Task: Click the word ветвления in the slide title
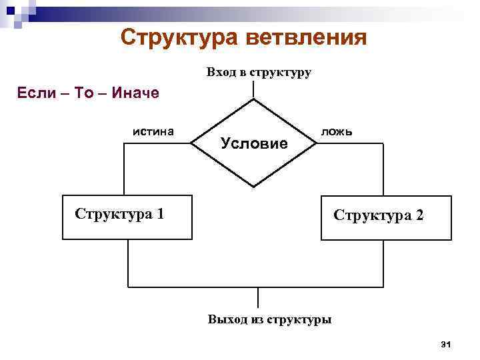click(305, 37)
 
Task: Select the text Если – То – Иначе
click(87, 92)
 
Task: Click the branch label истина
click(153, 131)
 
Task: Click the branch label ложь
click(337, 131)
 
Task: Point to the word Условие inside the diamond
click(254, 143)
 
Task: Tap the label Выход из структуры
click(269, 319)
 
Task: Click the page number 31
click(447, 344)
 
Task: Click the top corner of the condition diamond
click(254, 100)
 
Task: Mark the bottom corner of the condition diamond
click(254, 186)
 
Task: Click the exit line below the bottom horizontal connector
click(257, 297)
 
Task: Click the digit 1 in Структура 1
click(161, 214)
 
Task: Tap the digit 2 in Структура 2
click(417, 216)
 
